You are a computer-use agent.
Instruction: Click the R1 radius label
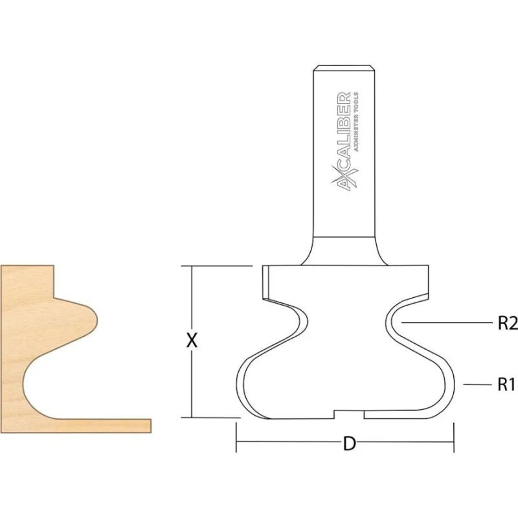pos(506,385)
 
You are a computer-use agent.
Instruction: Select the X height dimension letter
pos(192,341)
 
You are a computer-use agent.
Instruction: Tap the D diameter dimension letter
pos(350,444)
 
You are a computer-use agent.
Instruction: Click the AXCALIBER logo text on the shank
pos(344,141)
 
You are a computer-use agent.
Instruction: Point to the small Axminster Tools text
pos(356,122)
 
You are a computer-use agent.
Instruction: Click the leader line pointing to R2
pos(446,322)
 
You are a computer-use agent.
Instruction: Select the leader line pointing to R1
pos(478,384)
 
